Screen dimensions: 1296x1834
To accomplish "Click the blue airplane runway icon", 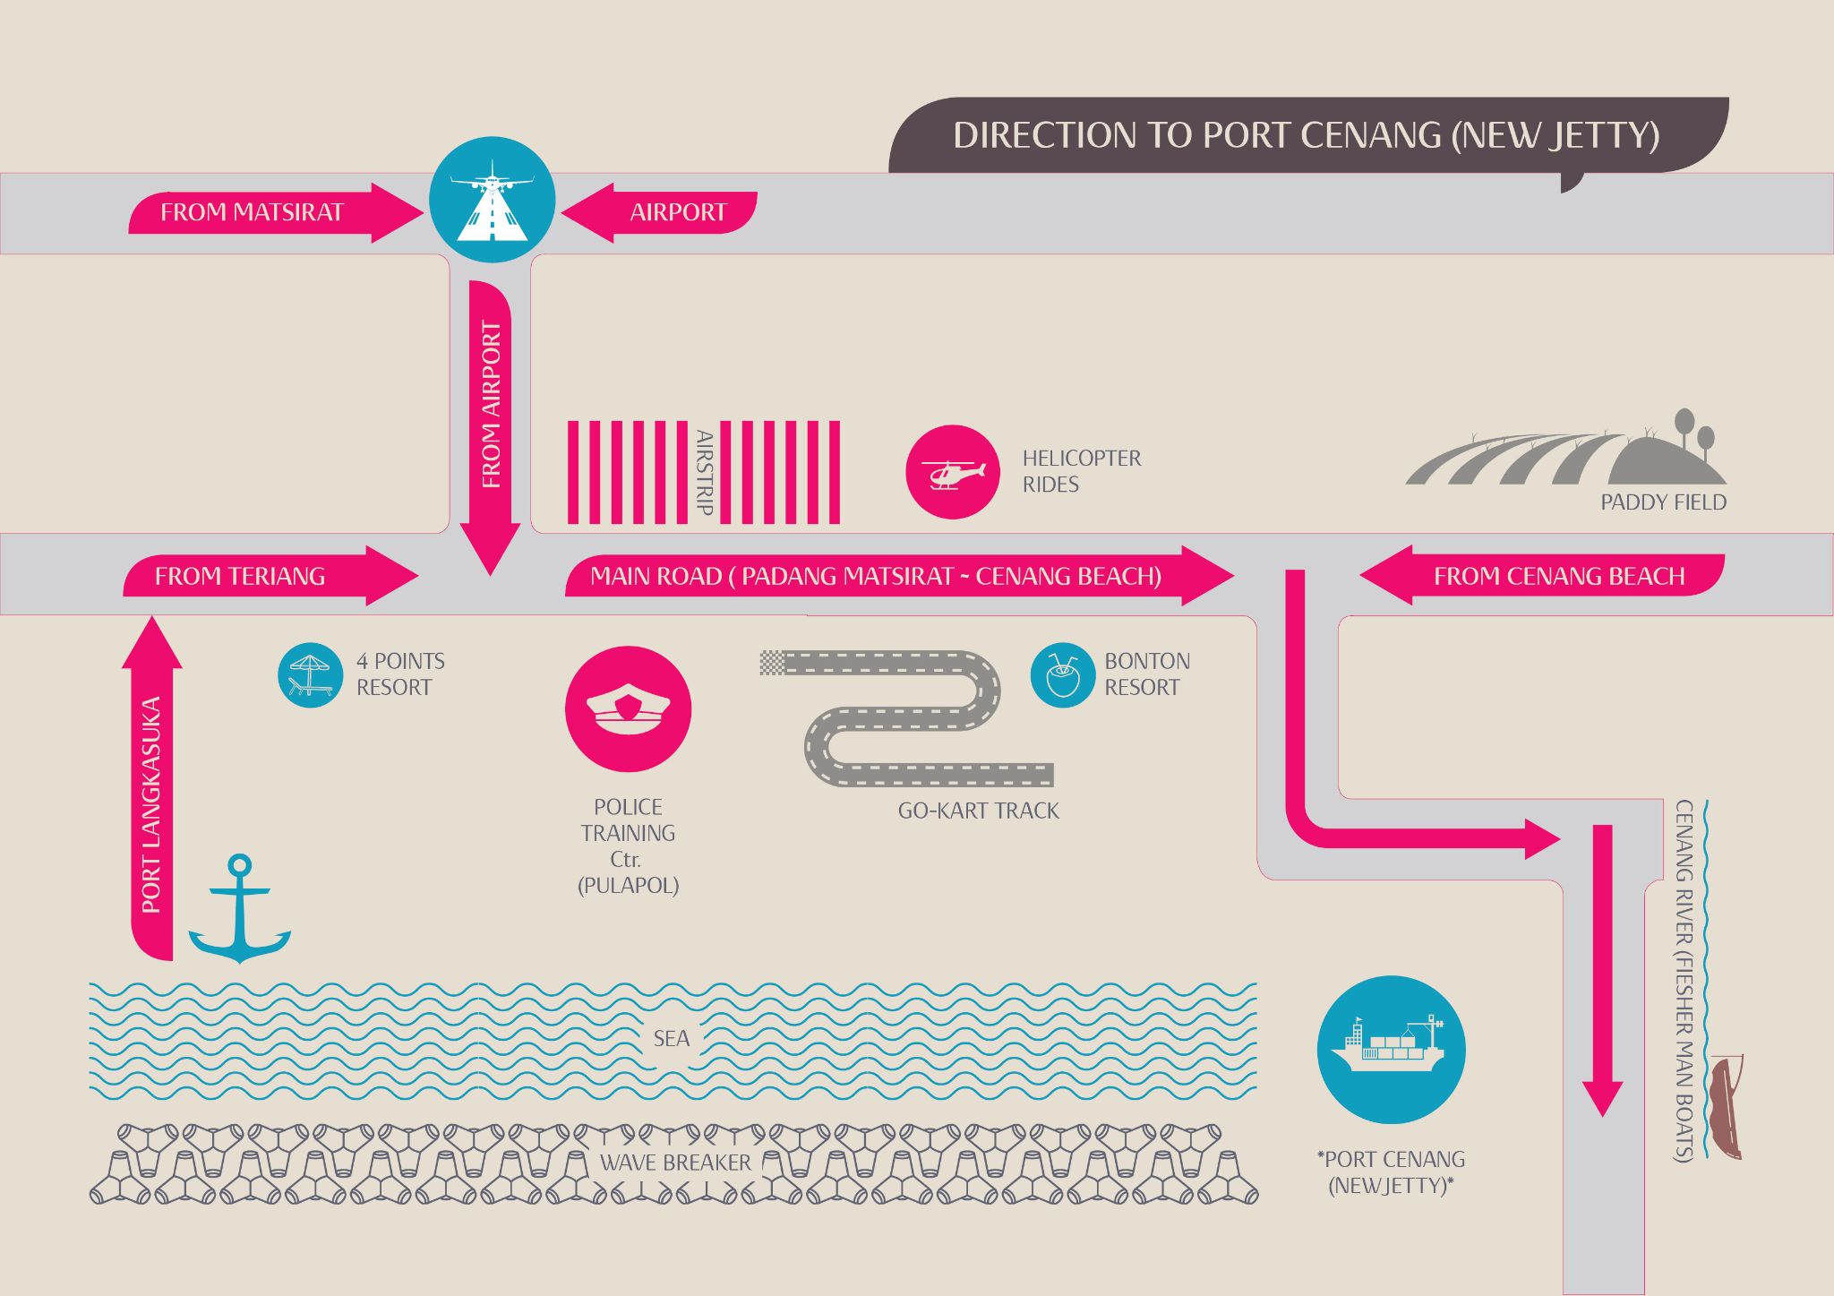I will (x=492, y=199).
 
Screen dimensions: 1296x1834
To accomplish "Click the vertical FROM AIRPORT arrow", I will (x=490, y=412).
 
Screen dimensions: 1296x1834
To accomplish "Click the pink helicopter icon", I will (x=952, y=471).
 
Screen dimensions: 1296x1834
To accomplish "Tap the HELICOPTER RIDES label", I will (x=1081, y=471).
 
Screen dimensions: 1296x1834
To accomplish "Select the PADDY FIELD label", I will (x=1663, y=502).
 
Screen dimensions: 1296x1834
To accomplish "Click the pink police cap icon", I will (x=628, y=708).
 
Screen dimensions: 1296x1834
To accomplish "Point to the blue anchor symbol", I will (x=239, y=909).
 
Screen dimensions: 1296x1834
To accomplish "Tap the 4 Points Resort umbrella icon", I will (x=310, y=674).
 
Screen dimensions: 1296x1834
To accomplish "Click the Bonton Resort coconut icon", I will (x=1062, y=674).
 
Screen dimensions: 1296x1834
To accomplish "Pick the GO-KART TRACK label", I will (x=978, y=811).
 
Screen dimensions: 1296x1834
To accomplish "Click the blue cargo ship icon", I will (x=1391, y=1049).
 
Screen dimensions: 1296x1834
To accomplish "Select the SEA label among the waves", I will (x=671, y=1039).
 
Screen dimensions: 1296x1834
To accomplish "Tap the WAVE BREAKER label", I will (x=675, y=1163).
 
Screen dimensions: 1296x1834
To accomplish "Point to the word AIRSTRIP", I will (x=705, y=472).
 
